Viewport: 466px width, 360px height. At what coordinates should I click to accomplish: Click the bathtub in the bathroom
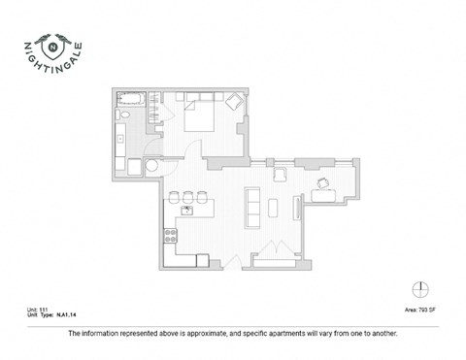[129, 99]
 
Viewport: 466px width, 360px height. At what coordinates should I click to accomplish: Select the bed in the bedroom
[201, 115]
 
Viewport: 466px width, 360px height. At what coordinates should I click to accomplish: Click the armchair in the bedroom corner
[235, 101]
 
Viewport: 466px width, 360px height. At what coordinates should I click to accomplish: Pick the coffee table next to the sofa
[273, 208]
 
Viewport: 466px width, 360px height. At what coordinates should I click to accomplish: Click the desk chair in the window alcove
[322, 183]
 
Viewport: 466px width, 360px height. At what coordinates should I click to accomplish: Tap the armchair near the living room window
[281, 174]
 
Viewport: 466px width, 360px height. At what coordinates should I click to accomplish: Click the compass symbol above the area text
[419, 288]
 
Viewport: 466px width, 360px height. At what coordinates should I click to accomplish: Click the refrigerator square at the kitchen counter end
[201, 259]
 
